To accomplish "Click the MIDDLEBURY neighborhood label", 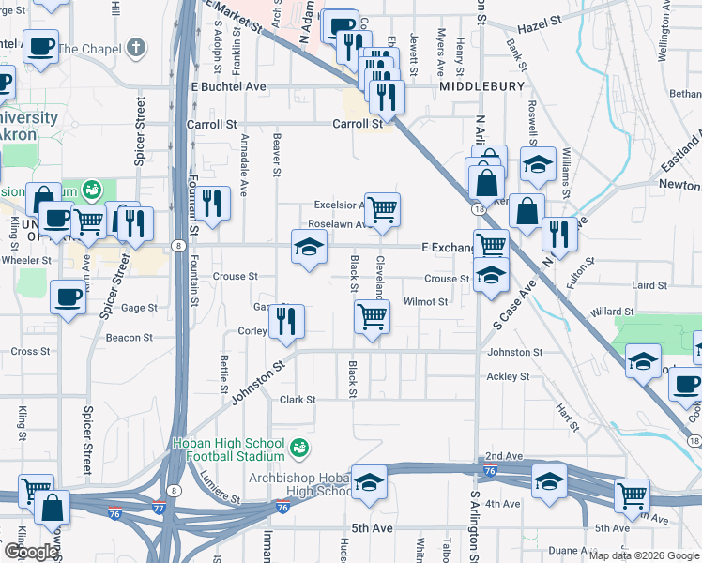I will [x=481, y=85].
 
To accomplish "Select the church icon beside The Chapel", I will [x=136, y=47].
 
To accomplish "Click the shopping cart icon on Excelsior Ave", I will [x=382, y=208].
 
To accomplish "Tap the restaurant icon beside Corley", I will [x=287, y=321].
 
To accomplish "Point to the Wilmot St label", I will [x=425, y=302].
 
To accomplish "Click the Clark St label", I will [x=298, y=400].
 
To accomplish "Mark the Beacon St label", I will [x=129, y=338].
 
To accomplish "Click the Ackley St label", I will [x=508, y=377].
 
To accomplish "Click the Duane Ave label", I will [x=569, y=551].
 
